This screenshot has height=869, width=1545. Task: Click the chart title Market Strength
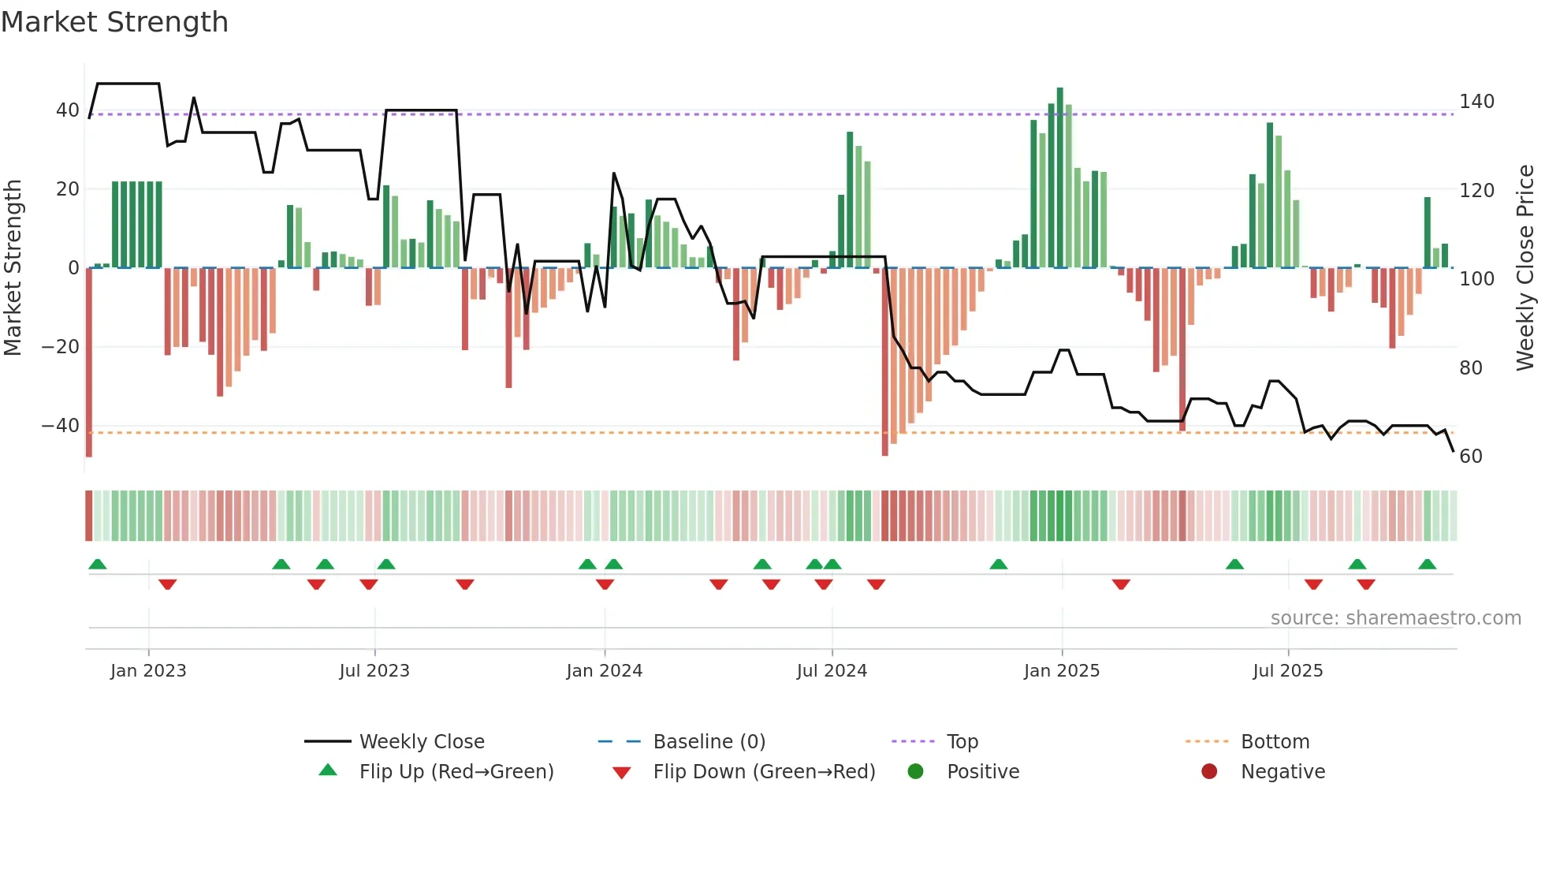[x=114, y=22]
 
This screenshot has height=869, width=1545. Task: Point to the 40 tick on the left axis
[x=67, y=110]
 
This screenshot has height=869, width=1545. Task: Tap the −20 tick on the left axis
[x=61, y=347]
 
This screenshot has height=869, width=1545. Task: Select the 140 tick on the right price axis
[x=1476, y=102]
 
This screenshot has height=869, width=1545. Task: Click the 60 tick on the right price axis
[x=1471, y=457]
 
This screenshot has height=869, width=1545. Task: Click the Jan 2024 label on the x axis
[x=604, y=671]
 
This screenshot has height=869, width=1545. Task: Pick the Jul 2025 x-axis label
[x=1287, y=671]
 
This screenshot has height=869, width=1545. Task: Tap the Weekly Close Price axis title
[x=1525, y=268]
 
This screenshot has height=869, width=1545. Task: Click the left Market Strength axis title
[x=13, y=268]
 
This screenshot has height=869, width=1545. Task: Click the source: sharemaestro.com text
[x=1395, y=618]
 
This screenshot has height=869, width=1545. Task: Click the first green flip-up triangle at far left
[x=98, y=565]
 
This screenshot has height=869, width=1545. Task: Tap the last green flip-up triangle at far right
[x=1427, y=565]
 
